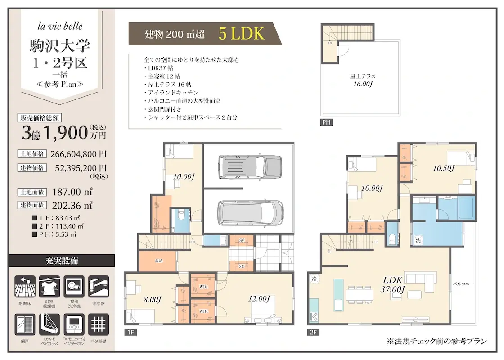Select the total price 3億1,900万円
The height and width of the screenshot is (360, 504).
coord(64,133)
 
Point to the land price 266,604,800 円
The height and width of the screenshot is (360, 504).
coord(81,154)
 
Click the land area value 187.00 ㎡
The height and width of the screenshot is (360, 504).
coord(72,191)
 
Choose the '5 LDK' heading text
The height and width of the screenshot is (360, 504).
coord(241,34)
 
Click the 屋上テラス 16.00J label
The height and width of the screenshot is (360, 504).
coord(362,80)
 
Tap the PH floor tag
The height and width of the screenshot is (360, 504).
coord(327,122)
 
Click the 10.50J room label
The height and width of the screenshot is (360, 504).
coord(444,168)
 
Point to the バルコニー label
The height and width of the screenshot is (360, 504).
coord(463,284)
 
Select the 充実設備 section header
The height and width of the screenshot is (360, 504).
coord(62,261)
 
